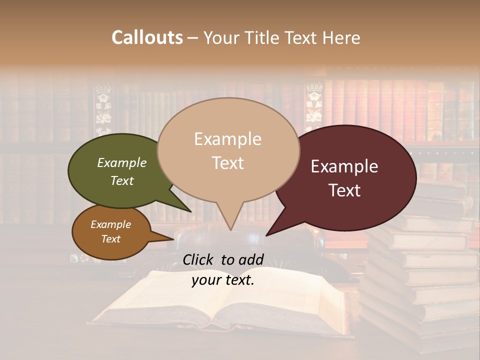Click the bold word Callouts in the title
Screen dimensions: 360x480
[x=147, y=37]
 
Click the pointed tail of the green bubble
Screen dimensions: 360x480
[x=190, y=211]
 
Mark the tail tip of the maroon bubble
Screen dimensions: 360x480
[x=267, y=235]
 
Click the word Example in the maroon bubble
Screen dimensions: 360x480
[x=344, y=166]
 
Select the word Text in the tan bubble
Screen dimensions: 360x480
[x=228, y=163]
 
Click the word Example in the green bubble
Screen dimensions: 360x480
[x=122, y=163]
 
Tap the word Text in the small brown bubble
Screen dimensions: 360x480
[x=111, y=239]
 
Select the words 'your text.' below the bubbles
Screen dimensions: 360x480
[x=223, y=280]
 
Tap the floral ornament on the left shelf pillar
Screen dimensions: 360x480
[x=103, y=107]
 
